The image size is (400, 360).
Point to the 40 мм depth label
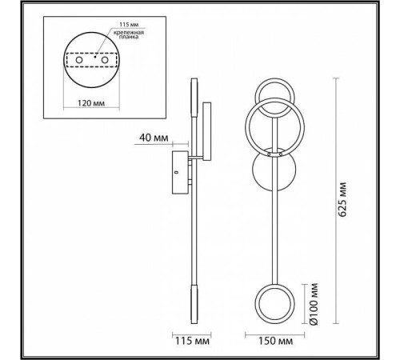(154, 138)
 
